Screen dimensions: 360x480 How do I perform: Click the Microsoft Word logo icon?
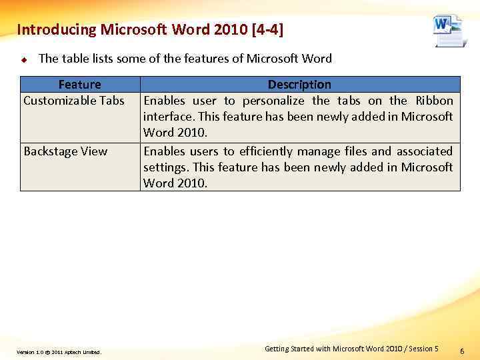447,30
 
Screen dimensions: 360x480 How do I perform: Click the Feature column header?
79,85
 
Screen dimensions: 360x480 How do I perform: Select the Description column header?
299,85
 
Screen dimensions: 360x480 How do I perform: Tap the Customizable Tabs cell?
74,101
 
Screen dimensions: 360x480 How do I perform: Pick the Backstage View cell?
65,151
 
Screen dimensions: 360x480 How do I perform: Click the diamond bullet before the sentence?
23,59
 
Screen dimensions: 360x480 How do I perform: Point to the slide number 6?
463,350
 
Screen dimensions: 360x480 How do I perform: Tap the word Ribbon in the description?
434,101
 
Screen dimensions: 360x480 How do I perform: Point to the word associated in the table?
425,151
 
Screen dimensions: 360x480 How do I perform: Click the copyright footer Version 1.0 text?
59,352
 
